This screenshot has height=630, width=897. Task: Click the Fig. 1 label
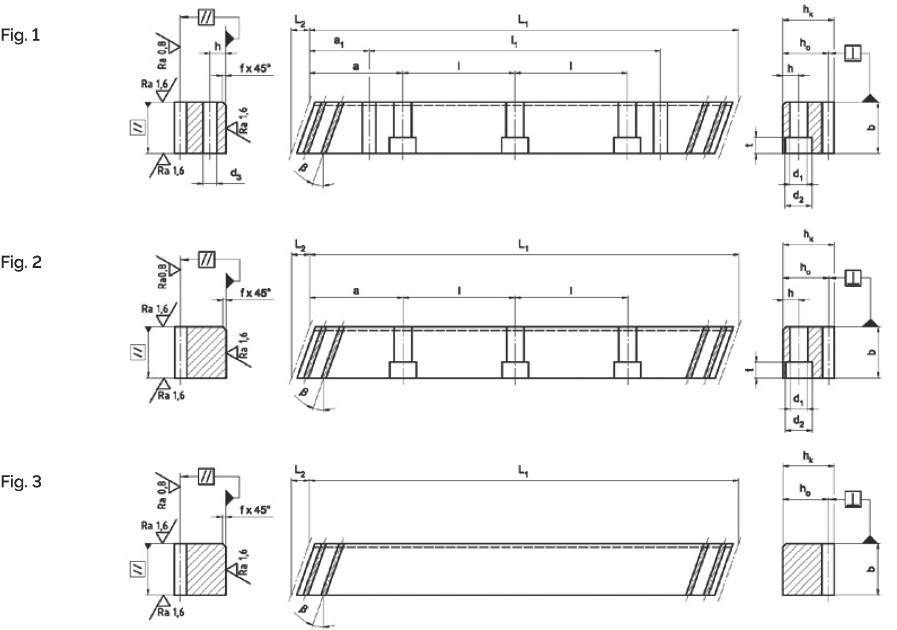[x=20, y=36]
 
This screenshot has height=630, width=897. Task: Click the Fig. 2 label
[x=21, y=262]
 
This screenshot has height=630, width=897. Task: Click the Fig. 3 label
[x=21, y=481]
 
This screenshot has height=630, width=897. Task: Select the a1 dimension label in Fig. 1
[x=339, y=42]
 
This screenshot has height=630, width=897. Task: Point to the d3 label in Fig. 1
[x=235, y=175]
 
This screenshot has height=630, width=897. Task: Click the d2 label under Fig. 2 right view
[x=798, y=421]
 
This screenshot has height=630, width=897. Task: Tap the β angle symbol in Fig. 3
[x=304, y=609]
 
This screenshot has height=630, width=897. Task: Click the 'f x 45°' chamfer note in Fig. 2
[x=254, y=293]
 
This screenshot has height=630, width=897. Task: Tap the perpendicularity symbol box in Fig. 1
[x=853, y=53]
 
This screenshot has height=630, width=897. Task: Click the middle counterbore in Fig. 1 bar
[x=515, y=145]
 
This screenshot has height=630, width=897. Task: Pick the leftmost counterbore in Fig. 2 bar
[x=403, y=370]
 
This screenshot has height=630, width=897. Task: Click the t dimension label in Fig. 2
[x=748, y=369]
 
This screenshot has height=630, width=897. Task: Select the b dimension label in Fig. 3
[x=872, y=569]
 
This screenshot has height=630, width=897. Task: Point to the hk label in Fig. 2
[x=808, y=235]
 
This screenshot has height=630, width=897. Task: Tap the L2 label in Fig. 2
[x=300, y=246]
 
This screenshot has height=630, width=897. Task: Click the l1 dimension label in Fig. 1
[x=514, y=42]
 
